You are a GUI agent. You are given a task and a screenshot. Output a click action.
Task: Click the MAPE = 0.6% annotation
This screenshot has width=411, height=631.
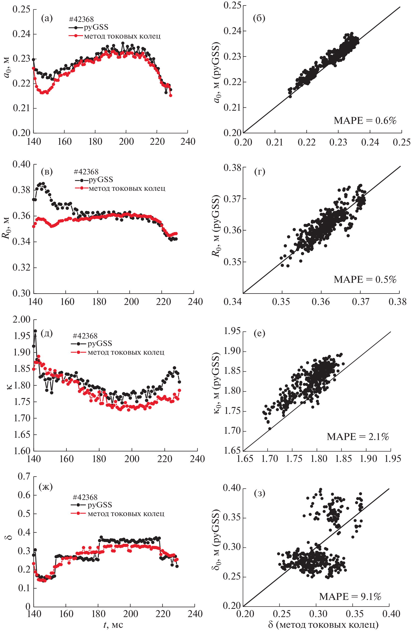point(365,121)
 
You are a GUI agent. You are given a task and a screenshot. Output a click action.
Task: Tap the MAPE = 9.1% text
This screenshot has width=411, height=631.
point(350,597)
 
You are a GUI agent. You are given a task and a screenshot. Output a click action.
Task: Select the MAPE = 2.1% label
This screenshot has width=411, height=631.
point(358,437)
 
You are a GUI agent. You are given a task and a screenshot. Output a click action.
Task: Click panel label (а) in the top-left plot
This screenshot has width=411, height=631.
point(47,18)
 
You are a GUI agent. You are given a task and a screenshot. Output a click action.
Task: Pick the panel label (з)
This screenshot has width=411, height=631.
point(259,493)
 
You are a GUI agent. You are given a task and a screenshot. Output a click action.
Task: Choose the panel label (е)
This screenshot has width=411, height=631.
point(259,333)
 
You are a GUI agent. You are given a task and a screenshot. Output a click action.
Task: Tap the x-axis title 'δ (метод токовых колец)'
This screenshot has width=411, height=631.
point(323,625)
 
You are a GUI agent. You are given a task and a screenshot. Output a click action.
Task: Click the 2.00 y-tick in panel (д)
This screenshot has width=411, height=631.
point(21,319)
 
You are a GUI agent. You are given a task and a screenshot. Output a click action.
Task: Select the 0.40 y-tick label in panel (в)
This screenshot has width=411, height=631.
point(21,164)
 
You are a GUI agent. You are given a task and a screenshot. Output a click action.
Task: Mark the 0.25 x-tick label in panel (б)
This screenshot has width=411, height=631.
point(402,142)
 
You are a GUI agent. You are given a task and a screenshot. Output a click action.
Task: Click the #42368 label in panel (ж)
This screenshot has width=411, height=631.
point(85,497)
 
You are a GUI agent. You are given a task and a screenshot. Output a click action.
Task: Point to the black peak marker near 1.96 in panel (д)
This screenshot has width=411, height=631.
point(35,331)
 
